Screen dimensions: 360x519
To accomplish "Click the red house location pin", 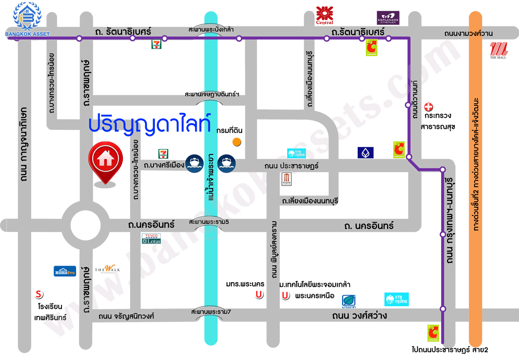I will pyautogui.click(x=106, y=160).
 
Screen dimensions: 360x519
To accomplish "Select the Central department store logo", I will pyautogui.click(x=325, y=16).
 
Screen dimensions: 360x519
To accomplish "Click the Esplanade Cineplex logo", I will pyautogui.click(x=388, y=18).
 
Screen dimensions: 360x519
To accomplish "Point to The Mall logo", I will pyautogui.click(x=498, y=50).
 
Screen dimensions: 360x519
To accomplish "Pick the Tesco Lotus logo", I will pyautogui.click(x=151, y=239).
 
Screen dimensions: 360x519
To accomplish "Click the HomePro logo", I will pyautogui.click(x=65, y=271).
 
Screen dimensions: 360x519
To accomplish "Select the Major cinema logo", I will pyautogui.click(x=287, y=179).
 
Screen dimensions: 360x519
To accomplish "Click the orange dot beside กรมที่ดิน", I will pyautogui.click(x=237, y=141).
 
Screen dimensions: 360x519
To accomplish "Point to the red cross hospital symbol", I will pyautogui.click(x=428, y=106).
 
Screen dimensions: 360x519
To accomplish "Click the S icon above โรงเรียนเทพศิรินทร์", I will pyautogui.click(x=39, y=295).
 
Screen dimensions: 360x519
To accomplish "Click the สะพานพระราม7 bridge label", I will pyautogui.click(x=211, y=312).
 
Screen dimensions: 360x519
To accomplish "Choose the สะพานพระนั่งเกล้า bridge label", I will pyautogui.click(x=211, y=29).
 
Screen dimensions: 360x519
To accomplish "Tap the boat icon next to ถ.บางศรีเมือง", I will pyautogui.click(x=194, y=163).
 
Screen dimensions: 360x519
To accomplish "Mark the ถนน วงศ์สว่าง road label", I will pyautogui.click(x=359, y=316).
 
